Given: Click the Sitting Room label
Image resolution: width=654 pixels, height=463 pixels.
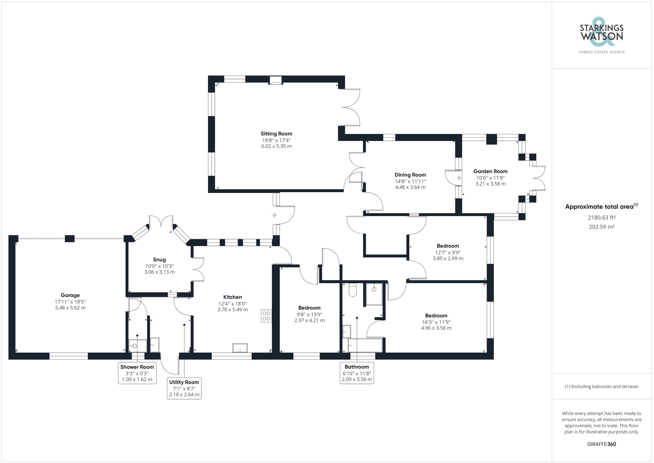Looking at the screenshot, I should pyautogui.click(x=276, y=134).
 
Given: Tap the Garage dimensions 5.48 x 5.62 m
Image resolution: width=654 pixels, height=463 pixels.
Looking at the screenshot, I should pyautogui.click(x=70, y=308).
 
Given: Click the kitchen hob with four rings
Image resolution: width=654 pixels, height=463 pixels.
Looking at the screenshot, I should pyautogui.click(x=266, y=316).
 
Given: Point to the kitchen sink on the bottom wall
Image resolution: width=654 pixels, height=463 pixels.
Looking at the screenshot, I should pyautogui.click(x=240, y=348).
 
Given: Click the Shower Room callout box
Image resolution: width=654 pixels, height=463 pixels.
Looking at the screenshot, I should pyautogui.click(x=137, y=373).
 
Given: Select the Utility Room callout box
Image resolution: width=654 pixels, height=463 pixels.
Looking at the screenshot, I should pyautogui.click(x=184, y=388).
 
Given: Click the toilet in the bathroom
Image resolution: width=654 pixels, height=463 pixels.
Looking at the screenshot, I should pyautogui.click(x=352, y=290).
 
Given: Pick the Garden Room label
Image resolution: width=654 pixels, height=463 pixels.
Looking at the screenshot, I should pyautogui.click(x=490, y=171).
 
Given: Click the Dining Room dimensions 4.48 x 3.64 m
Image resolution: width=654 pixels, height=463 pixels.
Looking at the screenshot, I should pyautogui.click(x=410, y=187).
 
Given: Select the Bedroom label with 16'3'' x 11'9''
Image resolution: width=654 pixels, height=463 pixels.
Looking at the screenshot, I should pyautogui.click(x=436, y=315).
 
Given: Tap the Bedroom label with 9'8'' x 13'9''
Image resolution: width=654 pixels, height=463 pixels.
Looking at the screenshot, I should pyautogui.click(x=309, y=308).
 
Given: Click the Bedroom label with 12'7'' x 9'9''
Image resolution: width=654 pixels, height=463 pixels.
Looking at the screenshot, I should pyautogui.click(x=448, y=246).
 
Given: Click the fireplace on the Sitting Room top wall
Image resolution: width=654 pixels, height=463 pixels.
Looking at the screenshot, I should pyautogui.click(x=275, y=81).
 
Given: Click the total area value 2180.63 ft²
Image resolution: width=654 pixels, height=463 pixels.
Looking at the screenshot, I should pyautogui.click(x=602, y=218).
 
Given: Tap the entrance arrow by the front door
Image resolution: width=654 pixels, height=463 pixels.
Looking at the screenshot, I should pyautogui.click(x=274, y=215).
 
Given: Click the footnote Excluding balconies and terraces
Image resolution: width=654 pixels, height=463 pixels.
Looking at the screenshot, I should pyautogui.click(x=602, y=387).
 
